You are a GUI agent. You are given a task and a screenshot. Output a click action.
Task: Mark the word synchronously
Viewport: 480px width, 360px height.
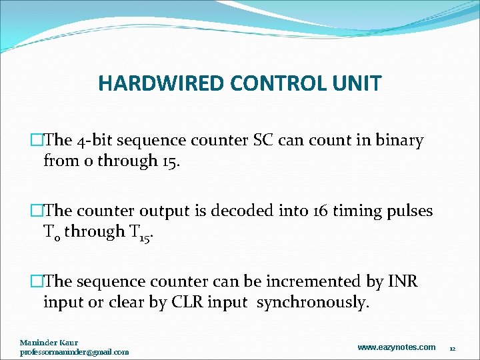313,303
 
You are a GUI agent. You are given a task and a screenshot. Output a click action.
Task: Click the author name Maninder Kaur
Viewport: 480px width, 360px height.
49,343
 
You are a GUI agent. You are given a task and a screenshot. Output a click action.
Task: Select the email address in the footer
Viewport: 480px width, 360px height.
74,351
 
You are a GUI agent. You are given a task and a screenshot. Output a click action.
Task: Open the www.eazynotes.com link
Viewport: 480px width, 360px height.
396,347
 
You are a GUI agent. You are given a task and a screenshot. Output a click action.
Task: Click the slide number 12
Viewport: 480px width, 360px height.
452,349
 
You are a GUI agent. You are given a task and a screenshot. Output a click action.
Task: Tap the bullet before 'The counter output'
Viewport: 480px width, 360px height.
37,211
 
